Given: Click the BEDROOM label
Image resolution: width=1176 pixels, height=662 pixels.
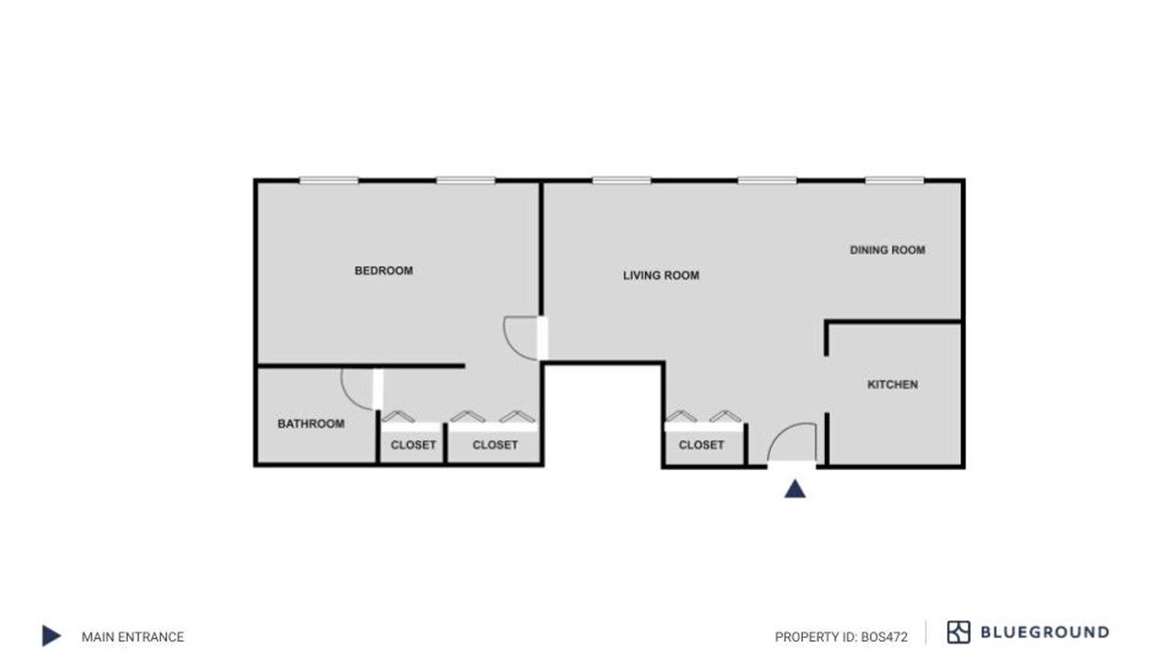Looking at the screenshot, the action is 384,270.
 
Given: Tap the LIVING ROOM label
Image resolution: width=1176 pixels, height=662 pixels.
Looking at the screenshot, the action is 661,275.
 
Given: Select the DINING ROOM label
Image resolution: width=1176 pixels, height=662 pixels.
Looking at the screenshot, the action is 888,250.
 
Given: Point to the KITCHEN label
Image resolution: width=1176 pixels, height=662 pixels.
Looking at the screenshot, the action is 892,384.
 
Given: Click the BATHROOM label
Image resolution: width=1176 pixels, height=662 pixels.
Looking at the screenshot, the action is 311,424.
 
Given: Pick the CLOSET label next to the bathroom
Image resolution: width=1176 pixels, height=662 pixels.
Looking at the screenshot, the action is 413,445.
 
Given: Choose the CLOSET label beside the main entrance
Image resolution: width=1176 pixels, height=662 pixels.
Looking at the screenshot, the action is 701,445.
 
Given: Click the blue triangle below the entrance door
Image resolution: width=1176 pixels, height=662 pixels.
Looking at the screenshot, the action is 795,489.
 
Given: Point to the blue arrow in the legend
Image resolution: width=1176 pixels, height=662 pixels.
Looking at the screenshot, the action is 51,635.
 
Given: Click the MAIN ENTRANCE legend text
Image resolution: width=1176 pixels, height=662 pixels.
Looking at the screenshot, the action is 133,637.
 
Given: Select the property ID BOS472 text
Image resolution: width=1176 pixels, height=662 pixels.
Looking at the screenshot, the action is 841,637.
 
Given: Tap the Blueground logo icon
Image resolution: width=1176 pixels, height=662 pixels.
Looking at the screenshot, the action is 958,632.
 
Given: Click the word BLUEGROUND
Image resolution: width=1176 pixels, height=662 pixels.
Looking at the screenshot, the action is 1045,632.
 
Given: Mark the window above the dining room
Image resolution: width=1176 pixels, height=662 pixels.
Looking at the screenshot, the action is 895,181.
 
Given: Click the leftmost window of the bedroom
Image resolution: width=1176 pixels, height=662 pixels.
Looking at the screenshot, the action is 329,181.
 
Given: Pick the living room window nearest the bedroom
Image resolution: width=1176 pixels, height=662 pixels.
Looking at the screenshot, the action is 622,181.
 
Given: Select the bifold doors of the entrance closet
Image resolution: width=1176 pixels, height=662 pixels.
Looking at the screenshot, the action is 704,417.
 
